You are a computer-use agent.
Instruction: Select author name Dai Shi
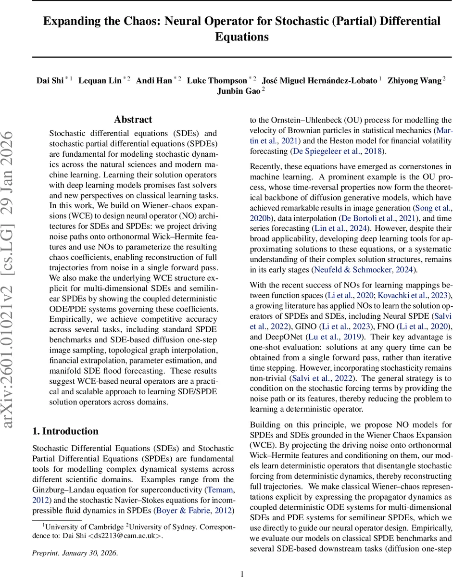coord(50,80)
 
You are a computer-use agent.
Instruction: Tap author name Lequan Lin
coord(100,80)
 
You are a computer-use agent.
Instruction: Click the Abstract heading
coord(133,120)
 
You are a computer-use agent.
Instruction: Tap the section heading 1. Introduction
coord(65,431)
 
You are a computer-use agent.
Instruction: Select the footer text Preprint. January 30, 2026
coord(75,553)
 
